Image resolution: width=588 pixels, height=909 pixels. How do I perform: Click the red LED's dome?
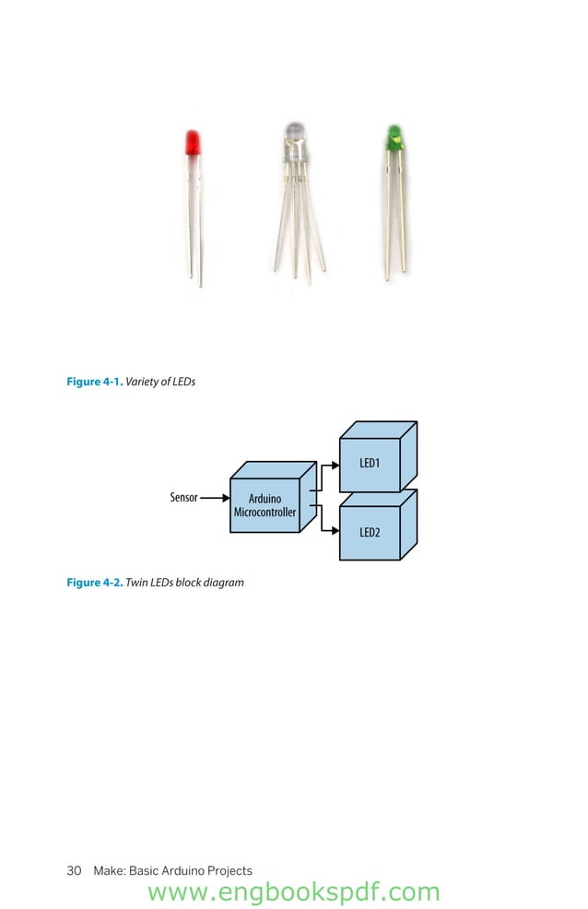coord(194,144)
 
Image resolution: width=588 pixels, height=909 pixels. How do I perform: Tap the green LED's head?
coord(394,139)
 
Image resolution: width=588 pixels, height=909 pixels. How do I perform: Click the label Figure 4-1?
coord(94,382)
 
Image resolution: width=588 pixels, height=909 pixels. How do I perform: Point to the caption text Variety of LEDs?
coord(160,382)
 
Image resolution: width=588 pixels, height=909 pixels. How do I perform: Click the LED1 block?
coord(370,463)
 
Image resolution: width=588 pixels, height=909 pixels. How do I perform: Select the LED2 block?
coord(370,533)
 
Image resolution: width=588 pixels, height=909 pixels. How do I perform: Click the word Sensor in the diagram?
coord(183,498)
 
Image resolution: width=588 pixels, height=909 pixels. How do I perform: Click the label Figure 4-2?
coord(94,583)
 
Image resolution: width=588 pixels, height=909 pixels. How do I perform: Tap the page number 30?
coord(75,870)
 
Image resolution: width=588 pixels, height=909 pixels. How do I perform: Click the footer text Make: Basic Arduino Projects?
coord(172,870)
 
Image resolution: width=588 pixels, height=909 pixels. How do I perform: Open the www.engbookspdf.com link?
coord(293,892)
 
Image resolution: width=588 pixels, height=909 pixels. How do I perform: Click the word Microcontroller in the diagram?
coord(265,512)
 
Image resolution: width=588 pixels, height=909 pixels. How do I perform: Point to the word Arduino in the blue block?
coord(265,499)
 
